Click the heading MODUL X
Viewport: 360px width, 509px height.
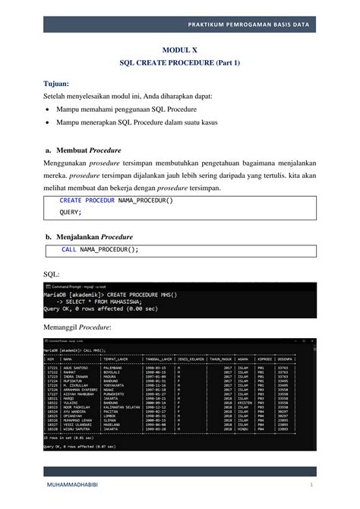point(180,48)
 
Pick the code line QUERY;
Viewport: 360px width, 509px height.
point(71,213)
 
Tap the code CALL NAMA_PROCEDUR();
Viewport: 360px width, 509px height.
point(100,249)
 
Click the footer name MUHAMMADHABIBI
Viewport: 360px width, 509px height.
point(71,484)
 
